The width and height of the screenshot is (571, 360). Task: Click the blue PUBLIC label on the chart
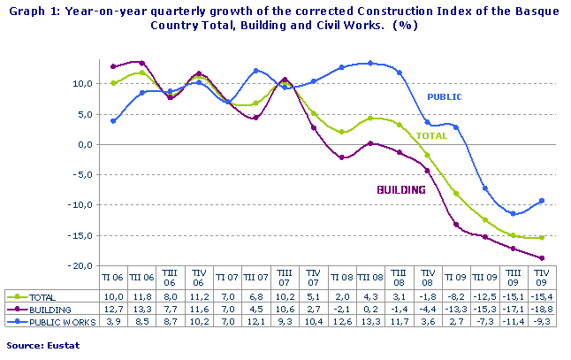tap(445, 96)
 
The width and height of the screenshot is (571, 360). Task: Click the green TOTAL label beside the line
tap(431, 136)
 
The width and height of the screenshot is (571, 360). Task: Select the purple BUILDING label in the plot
tap(401, 189)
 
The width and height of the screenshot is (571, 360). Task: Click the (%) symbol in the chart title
tap(407, 25)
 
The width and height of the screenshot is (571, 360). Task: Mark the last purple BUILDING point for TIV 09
tap(541, 258)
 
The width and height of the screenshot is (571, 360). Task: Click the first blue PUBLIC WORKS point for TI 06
tap(113, 120)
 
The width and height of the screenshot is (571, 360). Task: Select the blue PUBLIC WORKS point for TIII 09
tap(513, 213)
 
